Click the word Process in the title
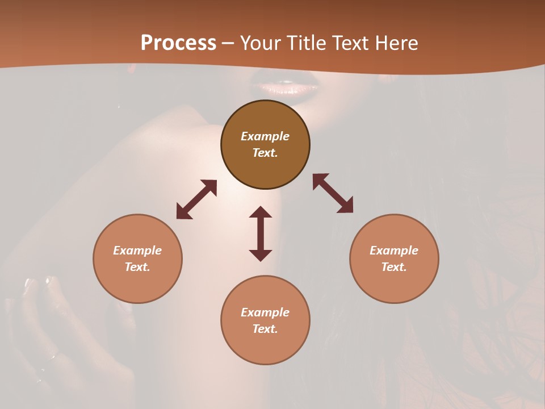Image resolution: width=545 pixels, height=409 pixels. pyautogui.click(x=178, y=43)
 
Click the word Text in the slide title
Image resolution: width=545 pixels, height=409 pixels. pyautogui.click(x=350, y=43)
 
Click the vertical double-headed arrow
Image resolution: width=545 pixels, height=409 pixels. pyautogui.click(x=261, y=233)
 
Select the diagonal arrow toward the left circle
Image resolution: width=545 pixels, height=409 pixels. pyautogui.click(x=196, y=199)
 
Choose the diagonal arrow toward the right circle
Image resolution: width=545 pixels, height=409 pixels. pyautogui.click(x=333, y=193)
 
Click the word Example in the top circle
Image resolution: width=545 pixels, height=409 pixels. pyautogui.click(x=265, y=136)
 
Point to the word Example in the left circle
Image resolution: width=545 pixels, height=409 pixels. pyautogui.click(x=137, y=251)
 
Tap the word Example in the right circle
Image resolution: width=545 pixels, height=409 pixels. pyautogui.click(x=394, y=251)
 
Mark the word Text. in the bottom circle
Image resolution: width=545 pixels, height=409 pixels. pyautogui.click(x=265, y=329)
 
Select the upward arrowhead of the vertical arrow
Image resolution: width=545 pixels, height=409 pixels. pyautogui.click(x=261, y=212)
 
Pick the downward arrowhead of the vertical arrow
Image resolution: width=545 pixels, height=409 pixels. pyautogui.click(x=261, y=255)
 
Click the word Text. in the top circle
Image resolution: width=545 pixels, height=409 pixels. pyautogui.click(x=265, y=153)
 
